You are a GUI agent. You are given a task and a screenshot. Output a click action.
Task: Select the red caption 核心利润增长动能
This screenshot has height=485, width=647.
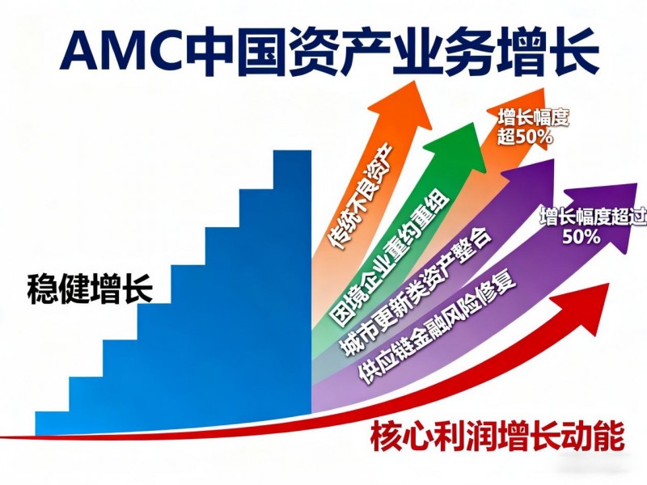[x=497, y=436]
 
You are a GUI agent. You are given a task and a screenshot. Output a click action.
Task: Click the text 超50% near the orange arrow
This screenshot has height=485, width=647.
[x=525, y=137]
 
